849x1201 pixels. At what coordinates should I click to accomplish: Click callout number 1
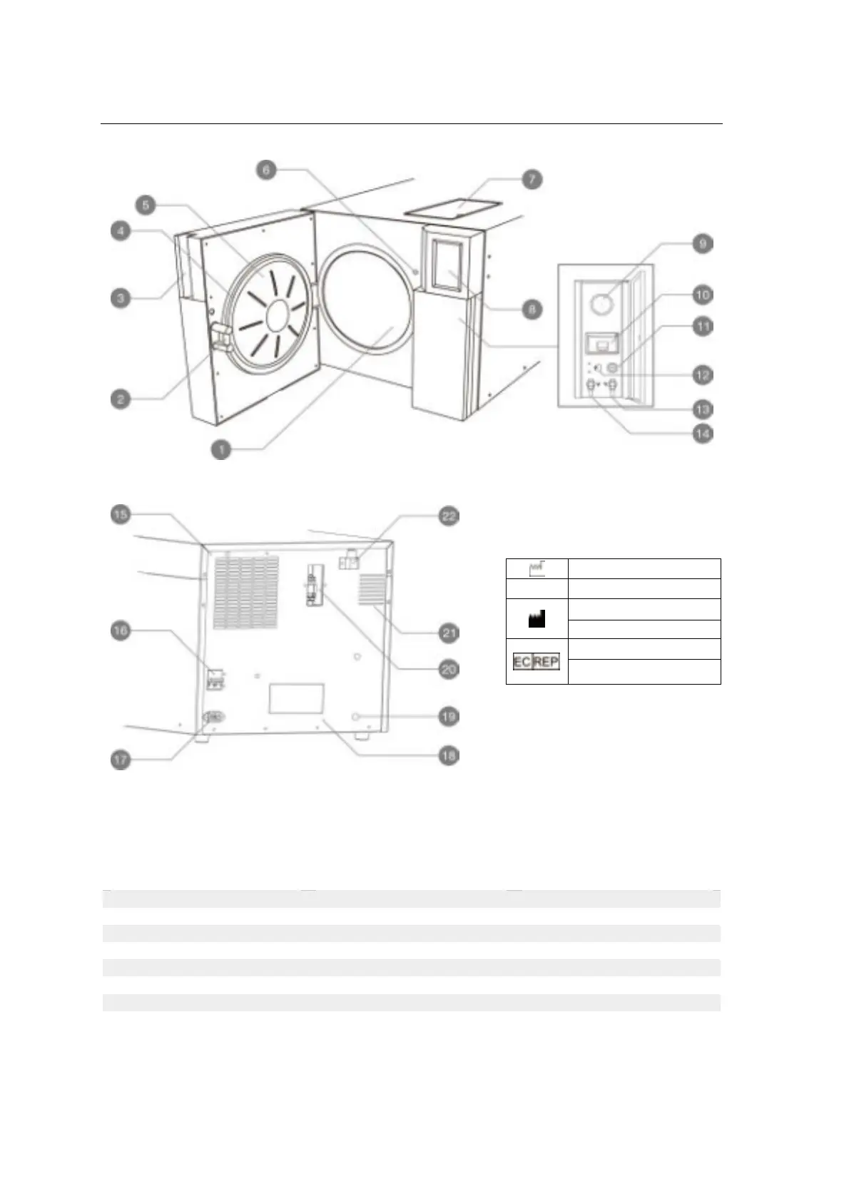(x=222, y=449)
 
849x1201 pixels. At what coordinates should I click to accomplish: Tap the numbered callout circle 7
(x=531, y=179)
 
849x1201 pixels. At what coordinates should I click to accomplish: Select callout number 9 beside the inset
(x=703, y=244)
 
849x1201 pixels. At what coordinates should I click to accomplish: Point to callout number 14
(x=703, y=433)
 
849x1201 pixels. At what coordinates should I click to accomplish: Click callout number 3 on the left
(x=121, y=297)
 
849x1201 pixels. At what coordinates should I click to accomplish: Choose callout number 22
(x=448, y=516)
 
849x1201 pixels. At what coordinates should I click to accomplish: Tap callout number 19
(x=448, y=715)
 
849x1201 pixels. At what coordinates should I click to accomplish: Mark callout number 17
(x=121, y=760)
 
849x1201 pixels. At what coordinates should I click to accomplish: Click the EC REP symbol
(x=537, y=662)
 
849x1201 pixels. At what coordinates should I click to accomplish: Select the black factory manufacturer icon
(x=537, y=620)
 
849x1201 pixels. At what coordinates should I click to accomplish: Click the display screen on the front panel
(x=448, y=264)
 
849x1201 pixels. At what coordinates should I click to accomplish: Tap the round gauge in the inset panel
(x=601, y=305)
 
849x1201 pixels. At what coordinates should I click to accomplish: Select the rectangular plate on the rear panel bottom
(x=296, y=700)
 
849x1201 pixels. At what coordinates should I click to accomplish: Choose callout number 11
(x=703, y=327)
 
